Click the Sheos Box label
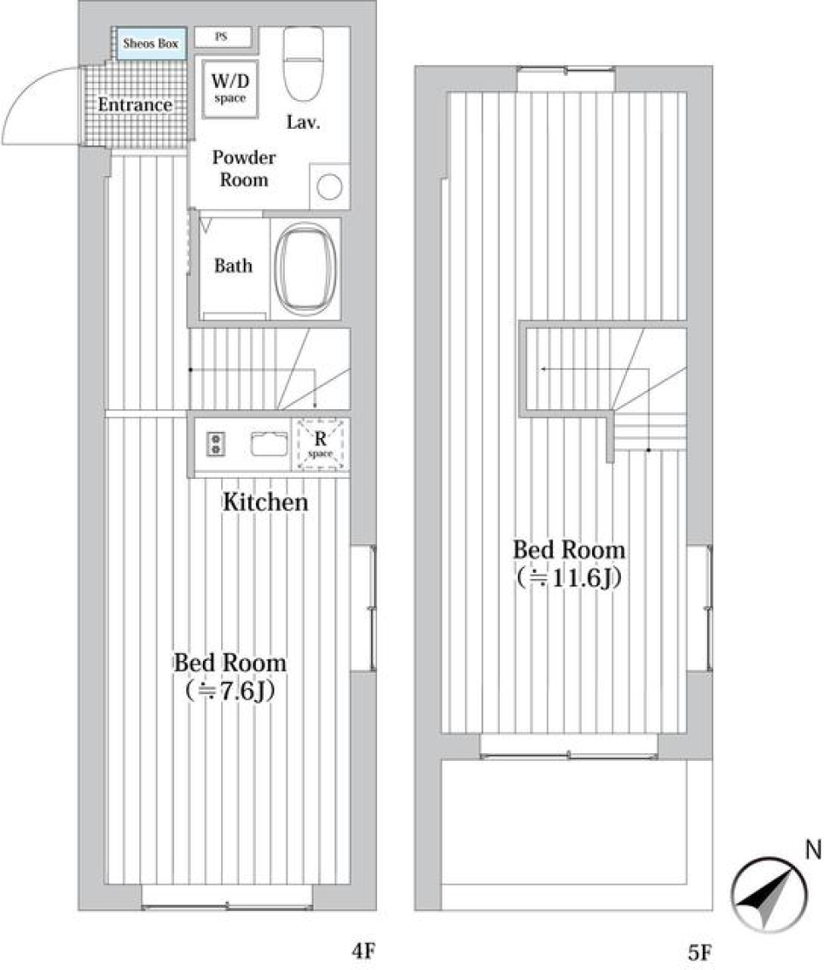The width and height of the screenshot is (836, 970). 150,43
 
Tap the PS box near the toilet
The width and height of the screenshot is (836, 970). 222,37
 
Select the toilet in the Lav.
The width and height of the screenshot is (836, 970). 303,64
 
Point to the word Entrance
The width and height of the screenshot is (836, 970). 134,105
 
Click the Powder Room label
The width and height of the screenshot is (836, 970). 244,169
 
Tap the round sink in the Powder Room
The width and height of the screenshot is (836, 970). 330,186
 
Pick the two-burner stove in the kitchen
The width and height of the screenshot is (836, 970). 214,445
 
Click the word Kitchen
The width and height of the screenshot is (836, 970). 265,502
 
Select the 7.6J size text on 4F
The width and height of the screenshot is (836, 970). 230,690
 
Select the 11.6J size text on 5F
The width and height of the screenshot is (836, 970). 568,577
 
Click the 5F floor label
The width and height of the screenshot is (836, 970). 699,952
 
